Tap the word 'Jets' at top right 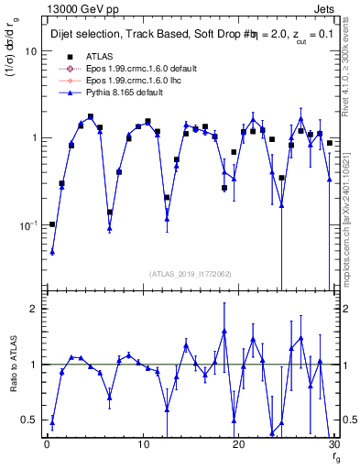(325, 8)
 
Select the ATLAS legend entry (97, 56)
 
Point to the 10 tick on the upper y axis (30, 51)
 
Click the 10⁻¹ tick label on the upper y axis (27, 224)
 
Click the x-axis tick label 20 (238, 446)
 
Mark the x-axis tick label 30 (333, 446)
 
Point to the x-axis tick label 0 (46, 446)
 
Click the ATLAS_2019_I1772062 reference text (189, 273)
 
